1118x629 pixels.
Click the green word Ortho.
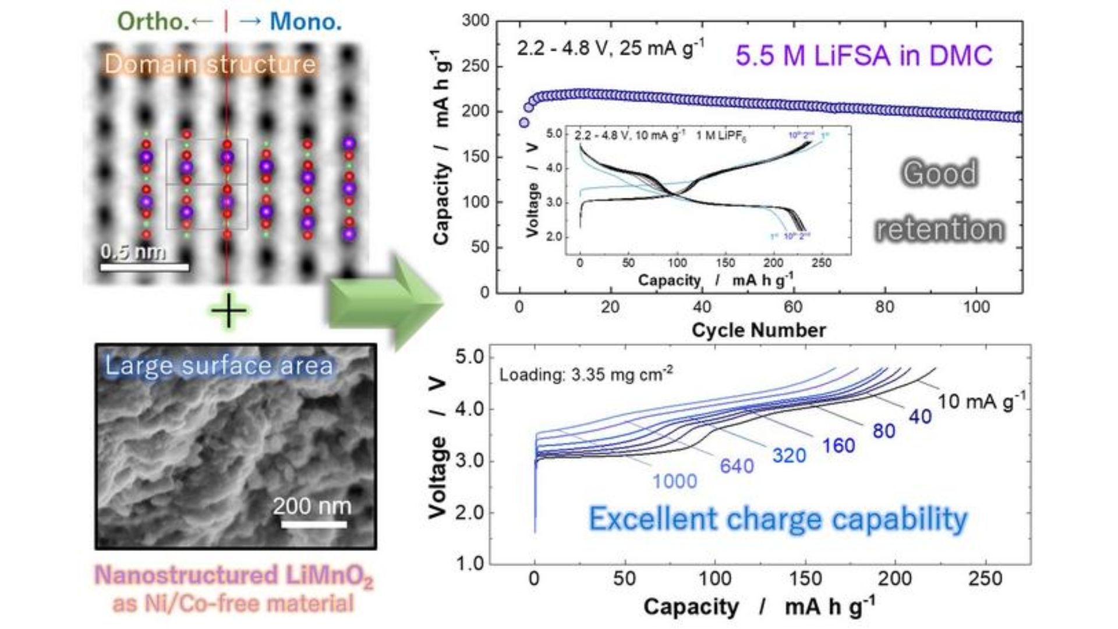click(153, 22)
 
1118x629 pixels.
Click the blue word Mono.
click(306, 22)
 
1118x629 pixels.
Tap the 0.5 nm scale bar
click(144, 267)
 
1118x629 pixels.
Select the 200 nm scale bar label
click(312, 506)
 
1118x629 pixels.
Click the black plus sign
click(228, 310)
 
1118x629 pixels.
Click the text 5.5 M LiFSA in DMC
click(864, 56)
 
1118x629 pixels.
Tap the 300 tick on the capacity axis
click(475, 21)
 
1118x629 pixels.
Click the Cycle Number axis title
click(758, 330)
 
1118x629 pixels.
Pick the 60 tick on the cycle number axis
click(793, 307)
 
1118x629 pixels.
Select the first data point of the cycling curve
click(524, 123)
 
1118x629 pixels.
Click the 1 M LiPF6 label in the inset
click(721, 136)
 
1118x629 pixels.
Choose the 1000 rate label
click(674, 481)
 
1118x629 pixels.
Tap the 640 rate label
click(737, 466)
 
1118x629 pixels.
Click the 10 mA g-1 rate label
click(981, 401)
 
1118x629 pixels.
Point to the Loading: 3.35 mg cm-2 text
click(586, 374)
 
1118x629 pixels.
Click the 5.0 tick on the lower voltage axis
click(469, 357)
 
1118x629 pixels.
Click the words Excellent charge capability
click(778, 519)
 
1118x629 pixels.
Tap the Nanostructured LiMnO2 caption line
click(233, 576)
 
